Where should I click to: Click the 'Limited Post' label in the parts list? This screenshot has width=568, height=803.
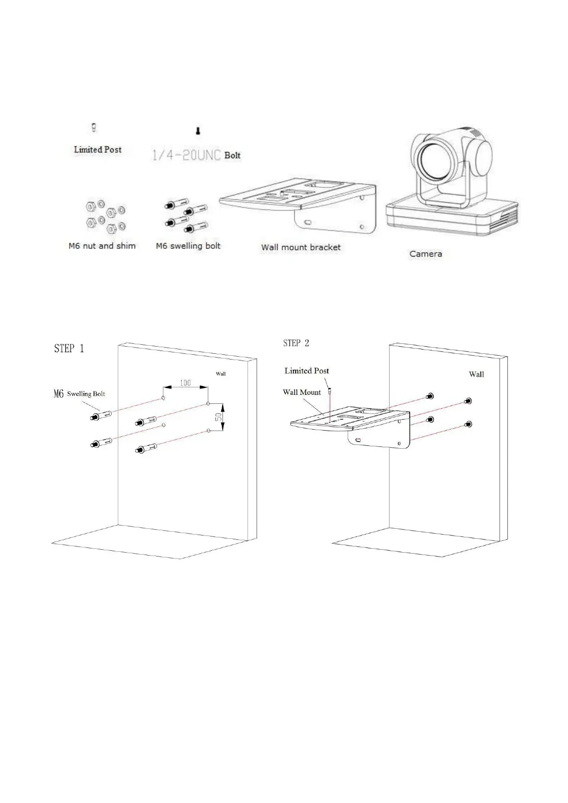coord(97,149)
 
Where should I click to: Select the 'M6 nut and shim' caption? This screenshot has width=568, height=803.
coord(102,246)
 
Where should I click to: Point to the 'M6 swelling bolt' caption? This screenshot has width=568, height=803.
coord(188,246)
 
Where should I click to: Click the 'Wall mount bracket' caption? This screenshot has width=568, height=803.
coord(301,247)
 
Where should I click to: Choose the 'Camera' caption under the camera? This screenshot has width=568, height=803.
coord(425,254)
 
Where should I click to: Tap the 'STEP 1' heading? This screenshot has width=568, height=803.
coord(69,349)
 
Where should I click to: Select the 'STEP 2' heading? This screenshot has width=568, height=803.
coord(296,343)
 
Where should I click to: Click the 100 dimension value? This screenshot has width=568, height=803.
coord(185,383)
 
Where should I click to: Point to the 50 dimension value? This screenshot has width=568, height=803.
coord(218,416)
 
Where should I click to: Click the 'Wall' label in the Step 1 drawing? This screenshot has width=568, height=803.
coord(221,374)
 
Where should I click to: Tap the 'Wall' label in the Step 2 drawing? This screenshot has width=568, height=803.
coord(476,374)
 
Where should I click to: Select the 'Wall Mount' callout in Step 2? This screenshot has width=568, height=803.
coord(302,392)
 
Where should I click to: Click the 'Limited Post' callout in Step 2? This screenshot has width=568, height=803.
coord(307,371)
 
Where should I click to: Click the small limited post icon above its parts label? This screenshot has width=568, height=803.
coord(94,127)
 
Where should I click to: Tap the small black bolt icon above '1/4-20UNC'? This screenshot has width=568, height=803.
coord(198,130)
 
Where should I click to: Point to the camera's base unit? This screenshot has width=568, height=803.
coord(451,217)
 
